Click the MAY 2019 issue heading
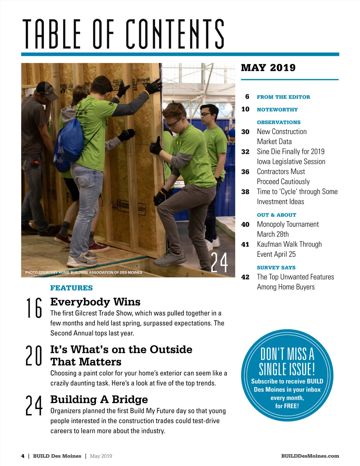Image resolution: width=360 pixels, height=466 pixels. (268, 68)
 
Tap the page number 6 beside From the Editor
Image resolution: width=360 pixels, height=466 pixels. (247, 97)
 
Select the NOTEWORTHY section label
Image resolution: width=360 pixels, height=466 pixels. (277, 110)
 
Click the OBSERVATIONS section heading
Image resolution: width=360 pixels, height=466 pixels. (279, 122)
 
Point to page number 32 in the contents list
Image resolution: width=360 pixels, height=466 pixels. (245, 152)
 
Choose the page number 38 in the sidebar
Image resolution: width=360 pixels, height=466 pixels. (245, 192)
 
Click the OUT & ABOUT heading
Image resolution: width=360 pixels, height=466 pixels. (276, 215)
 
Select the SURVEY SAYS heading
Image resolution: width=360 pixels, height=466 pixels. (276, 268)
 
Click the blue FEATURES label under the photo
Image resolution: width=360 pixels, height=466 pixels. (71, 288)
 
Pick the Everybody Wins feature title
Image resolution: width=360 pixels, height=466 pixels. (95, 302)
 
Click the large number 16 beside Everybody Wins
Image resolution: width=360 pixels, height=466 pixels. (34, 308)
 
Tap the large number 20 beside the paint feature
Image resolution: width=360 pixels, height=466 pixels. (34, 356)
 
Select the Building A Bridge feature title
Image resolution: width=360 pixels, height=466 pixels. (99, 400)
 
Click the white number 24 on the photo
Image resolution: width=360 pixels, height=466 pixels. (219, 263)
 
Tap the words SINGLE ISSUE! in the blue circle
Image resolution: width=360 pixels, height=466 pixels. (287, 369)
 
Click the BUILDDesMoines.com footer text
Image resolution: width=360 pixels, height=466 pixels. (310, 456)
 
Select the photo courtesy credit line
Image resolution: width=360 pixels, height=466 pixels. (84, 272)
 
